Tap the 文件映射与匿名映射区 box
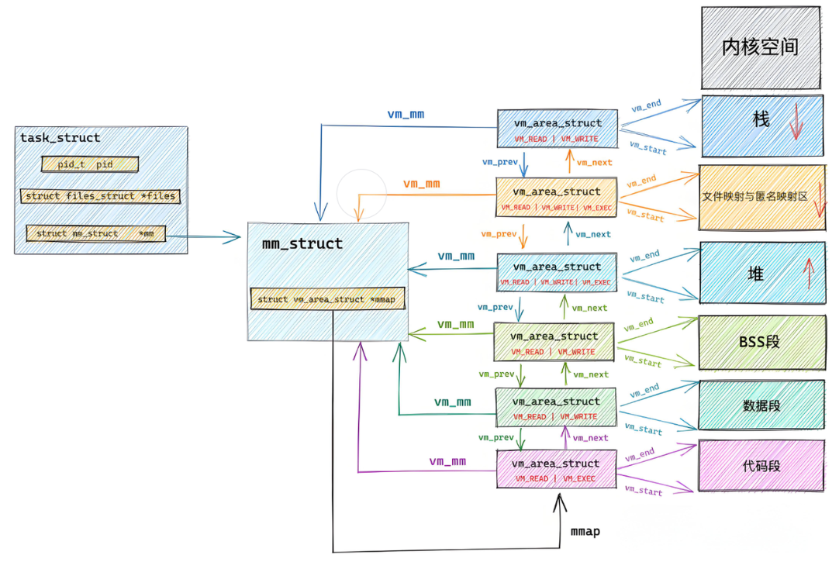tap(761, 197)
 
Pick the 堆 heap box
tap(761, 271)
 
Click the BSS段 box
tap(761, 342)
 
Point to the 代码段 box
tap(761, 465)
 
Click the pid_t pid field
tap(89, 164)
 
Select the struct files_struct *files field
tap(100, 196)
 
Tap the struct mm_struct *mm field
tap(95, 233)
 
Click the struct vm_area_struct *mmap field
tap(327, 299)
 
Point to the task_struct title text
tap(60, 138)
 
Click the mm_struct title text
tap(302, 243)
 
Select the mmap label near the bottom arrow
tap(585, 532)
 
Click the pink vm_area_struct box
tap(557, 469)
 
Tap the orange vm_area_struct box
tap(557, 198)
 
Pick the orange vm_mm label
tap(421, 184)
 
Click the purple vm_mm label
tap(447, 461)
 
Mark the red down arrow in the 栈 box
tap(795, 125)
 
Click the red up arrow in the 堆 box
tap(807, 272)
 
